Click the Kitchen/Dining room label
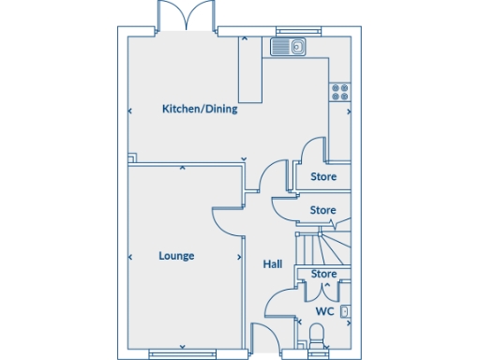pos(200,109)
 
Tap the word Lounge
pos(176,255)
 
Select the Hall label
pos(273,264)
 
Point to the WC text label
pos(324,310)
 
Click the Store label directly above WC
pos(323,274)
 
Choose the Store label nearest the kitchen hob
pos(323,175)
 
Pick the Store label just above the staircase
pos(323,210)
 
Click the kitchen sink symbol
pos(289,45)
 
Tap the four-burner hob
pos(339,92)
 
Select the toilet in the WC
pos(317,334)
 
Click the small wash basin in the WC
pos(345,310)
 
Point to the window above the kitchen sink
pos(290,29)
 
